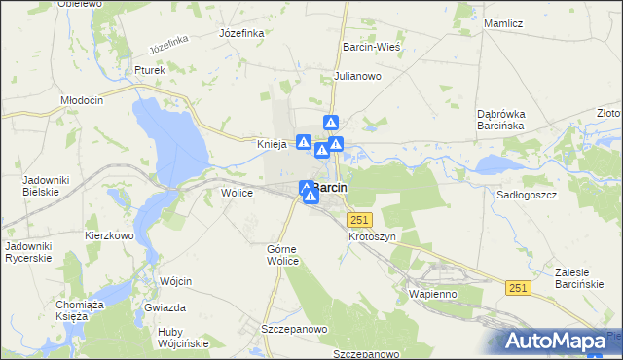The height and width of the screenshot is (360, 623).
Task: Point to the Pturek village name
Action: click(x=151, y=70)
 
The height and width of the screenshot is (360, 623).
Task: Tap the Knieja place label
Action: click(x=272, y=145)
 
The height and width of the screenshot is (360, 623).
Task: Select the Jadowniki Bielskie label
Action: click(x=42, y=187)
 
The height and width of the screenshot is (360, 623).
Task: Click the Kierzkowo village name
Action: click(x=108, y=235)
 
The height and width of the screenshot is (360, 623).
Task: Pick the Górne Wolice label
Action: click(x=288, y=256)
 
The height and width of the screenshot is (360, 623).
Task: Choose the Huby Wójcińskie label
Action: click(x=184, y=338)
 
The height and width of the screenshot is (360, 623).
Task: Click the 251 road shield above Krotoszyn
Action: click(x=360, y=220)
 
